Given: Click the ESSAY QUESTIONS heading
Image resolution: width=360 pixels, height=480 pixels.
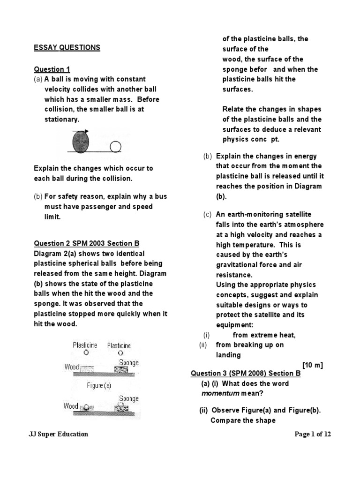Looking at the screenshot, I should pyautogui.click(x=67, y=47).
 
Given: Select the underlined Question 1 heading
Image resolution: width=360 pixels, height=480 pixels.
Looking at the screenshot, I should pyautogui.click(x=52, y=69).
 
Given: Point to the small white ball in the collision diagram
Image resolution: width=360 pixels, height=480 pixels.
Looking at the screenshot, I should pyautogui.click(x=115, y=147).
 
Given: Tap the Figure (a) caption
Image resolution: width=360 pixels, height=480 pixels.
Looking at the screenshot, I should pyautogui.click(x=98, y=385).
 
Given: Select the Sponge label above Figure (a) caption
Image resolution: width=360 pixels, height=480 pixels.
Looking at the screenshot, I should pyautogui.click(x=129, y=362).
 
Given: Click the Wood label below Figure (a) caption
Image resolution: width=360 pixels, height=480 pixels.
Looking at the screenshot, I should pyautogui.click(x=71, y=406).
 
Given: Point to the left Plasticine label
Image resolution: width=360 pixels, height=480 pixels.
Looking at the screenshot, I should pyautogui.click(x=85, y=345).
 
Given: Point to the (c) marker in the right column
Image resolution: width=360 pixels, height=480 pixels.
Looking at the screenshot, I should pyautogui.click(x=207, y=214).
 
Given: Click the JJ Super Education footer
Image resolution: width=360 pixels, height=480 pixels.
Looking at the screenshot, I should pyautogui.click(x=59, y=434).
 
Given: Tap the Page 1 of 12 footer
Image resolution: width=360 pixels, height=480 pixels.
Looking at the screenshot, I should pyautogui.click(x=313, y=434).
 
